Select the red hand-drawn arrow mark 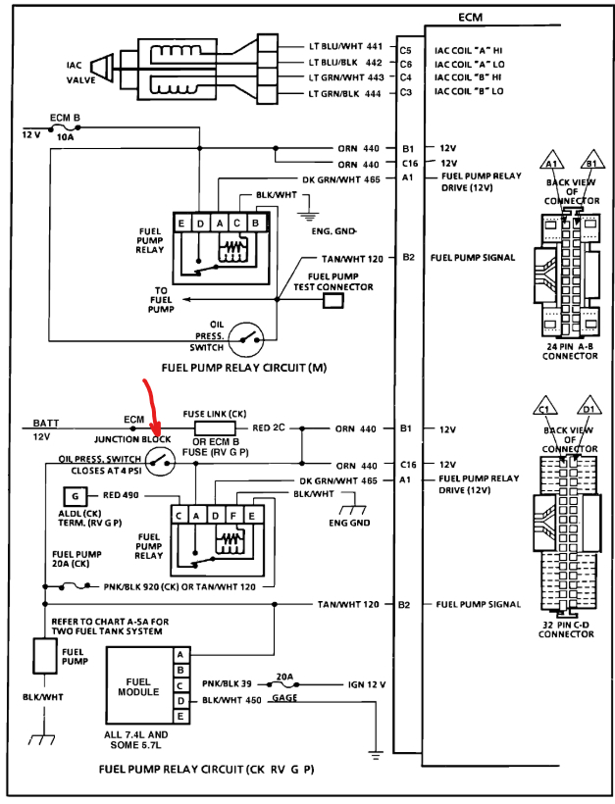pos(152,408)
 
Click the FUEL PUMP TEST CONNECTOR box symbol pos(333,301)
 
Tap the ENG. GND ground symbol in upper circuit pos(311,213)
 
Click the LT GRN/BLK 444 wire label pos(343,93)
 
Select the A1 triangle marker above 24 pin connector pos(551,162)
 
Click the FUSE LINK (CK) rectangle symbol pos(213,428)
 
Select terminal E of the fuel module pos(179,717)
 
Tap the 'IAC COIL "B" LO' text pos(471,93)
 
